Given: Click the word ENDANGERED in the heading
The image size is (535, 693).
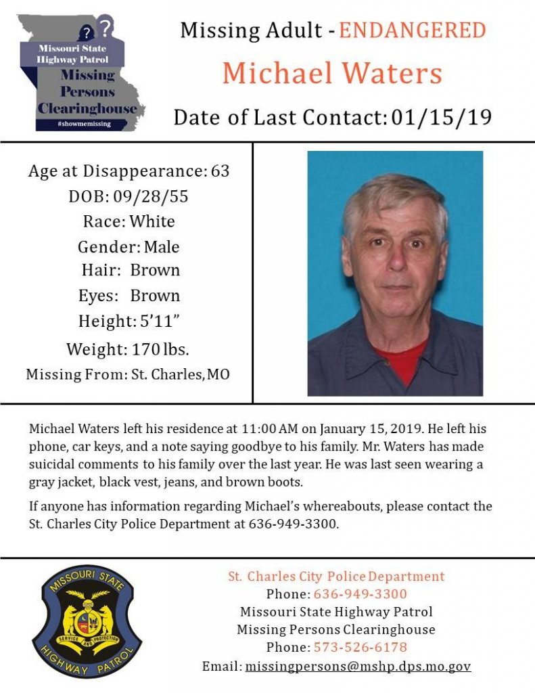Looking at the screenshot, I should point(412,30).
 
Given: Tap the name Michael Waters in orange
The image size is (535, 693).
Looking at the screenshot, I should point(332,72).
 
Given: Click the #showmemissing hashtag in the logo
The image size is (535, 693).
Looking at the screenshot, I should point(84,125).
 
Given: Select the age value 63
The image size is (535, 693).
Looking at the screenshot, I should point(220,171).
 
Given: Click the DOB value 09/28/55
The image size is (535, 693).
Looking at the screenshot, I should point(157,197).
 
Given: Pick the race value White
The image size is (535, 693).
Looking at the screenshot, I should point(152,222).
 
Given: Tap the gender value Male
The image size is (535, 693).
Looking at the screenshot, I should point(162,247).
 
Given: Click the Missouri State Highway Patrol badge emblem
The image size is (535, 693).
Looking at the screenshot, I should point(87,622).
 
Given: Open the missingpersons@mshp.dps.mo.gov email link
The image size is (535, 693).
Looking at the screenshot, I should point(358,666).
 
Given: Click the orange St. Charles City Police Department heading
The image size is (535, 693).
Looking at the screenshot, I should point(336,577).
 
